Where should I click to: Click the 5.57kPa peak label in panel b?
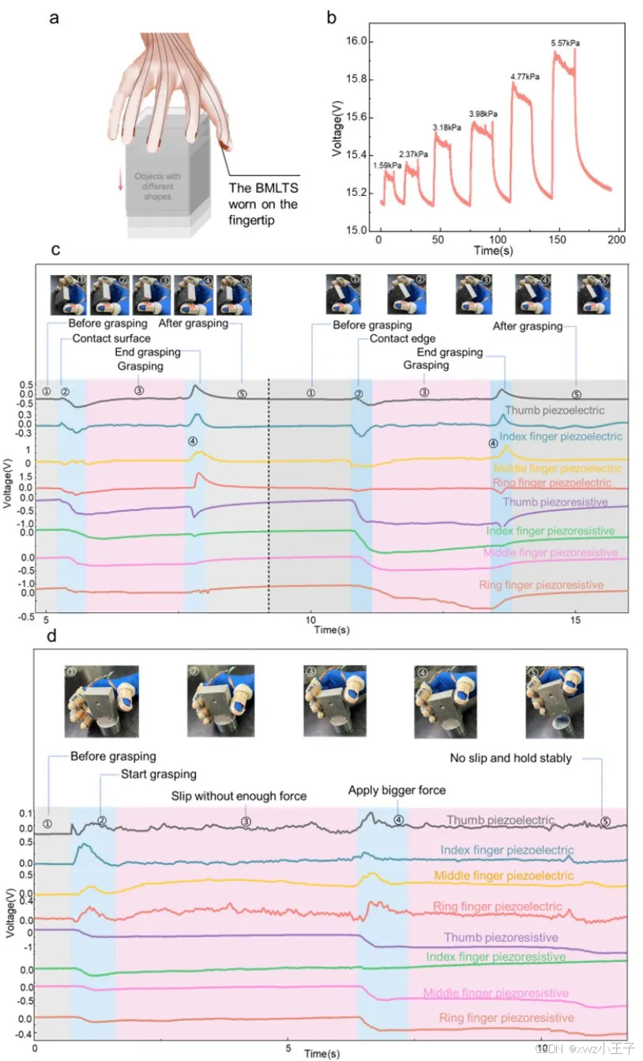point(565,43)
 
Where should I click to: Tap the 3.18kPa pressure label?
point(448,127)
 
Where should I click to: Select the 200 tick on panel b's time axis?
point(617,239)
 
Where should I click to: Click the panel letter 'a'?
point(54,18)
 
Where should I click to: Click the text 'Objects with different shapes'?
point(163,185)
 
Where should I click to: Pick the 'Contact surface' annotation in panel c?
point(111,338)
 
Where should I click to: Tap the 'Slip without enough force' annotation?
point(239,795)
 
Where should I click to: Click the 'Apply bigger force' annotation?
point(397,790)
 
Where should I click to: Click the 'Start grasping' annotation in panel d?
point(158,773)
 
